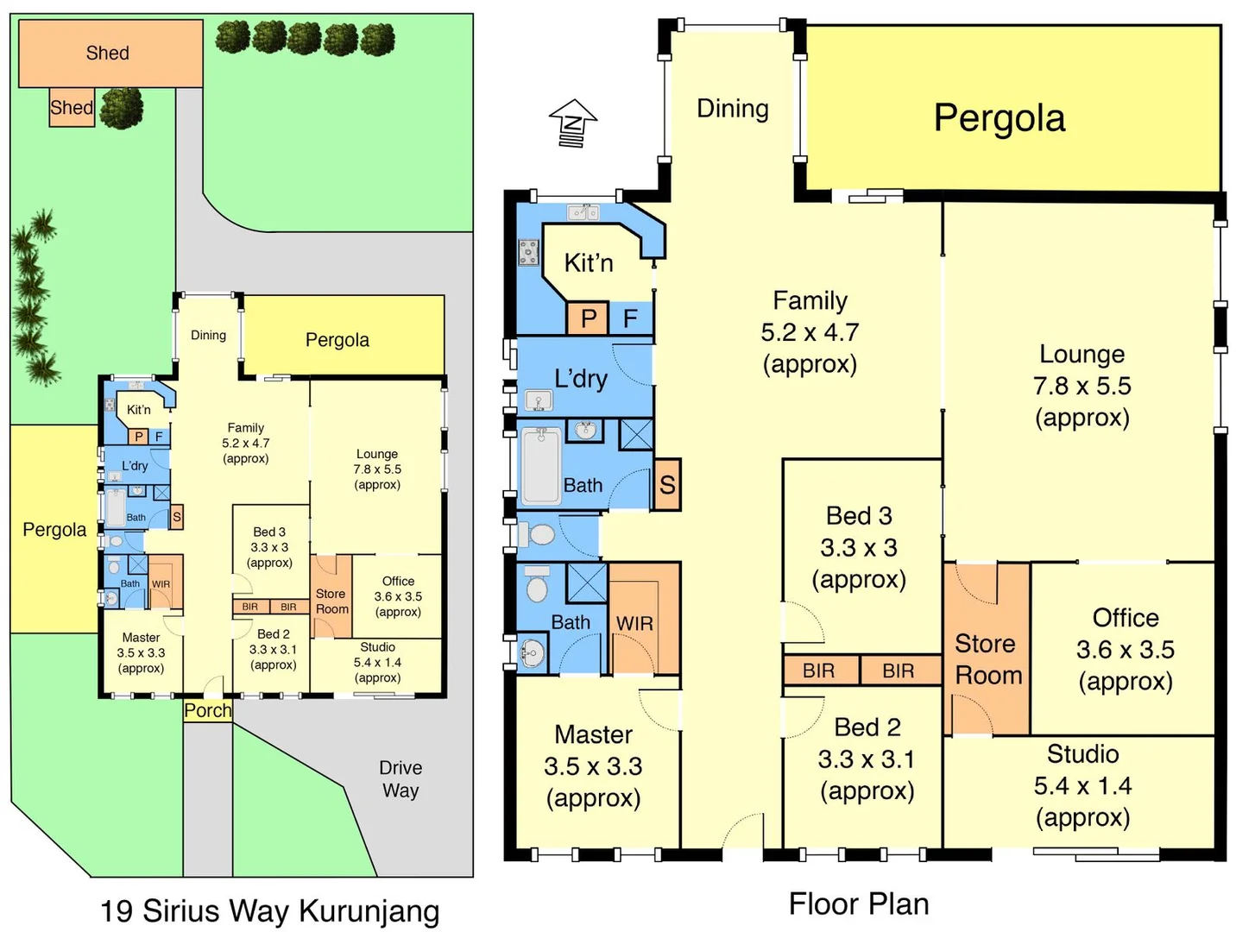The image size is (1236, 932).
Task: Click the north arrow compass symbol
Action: point(573,123)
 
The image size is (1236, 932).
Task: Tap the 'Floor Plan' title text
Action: point(859,904)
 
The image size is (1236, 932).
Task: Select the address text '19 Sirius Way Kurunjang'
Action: point(269,910)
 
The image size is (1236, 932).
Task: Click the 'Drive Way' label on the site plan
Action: point(400,778)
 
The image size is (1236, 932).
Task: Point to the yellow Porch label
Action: point(208,710)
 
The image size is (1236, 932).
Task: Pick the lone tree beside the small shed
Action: point(122,108)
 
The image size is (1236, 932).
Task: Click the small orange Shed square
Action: point(72,108)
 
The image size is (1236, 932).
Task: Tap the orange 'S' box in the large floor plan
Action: point(667,484)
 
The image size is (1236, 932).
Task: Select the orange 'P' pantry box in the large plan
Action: point(588,318)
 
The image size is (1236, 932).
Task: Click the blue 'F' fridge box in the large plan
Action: point(631,318)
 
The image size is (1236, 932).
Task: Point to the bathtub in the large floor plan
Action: point(541,467)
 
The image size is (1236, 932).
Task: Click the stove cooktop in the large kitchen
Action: point(528,252)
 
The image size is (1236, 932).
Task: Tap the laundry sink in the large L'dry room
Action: point(539,400)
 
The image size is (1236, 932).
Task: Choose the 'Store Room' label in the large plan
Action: point(988,659)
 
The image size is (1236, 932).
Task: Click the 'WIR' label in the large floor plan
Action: point(634,623)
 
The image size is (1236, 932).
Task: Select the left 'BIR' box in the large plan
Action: point(819,671)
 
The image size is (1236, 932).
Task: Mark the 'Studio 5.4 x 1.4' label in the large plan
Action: point(1082,785)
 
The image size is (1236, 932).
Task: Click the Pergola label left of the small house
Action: point(54,529)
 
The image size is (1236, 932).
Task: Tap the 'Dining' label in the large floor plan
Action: point(732,109)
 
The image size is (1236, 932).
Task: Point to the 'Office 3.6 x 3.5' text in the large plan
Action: point(1125,649)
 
